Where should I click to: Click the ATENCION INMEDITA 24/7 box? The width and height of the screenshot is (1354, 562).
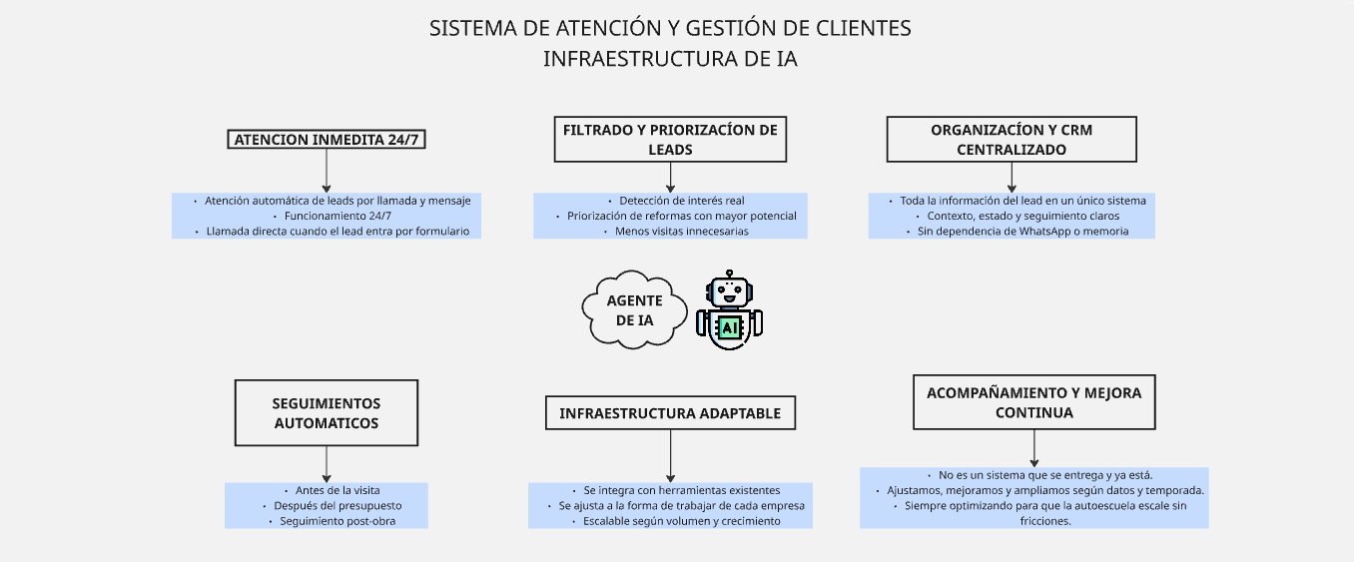point(327,140)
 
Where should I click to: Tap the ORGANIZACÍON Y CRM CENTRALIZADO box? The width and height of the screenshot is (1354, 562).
point(1012,140)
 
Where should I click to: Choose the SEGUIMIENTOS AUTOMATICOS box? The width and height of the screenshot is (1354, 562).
point(326,412)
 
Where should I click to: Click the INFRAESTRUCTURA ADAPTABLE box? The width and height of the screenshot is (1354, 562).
point(670,413)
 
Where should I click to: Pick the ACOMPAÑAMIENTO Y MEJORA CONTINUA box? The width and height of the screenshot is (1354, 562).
point(1033,402)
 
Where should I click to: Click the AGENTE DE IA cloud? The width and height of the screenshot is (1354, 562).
point(634,310)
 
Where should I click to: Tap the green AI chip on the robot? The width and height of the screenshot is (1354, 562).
point(730,327)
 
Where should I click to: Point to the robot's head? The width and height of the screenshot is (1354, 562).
point(730,292)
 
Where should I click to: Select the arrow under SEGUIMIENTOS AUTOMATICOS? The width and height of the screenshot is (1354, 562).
point(326,464)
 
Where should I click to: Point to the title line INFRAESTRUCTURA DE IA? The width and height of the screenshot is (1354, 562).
point(670,59)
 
